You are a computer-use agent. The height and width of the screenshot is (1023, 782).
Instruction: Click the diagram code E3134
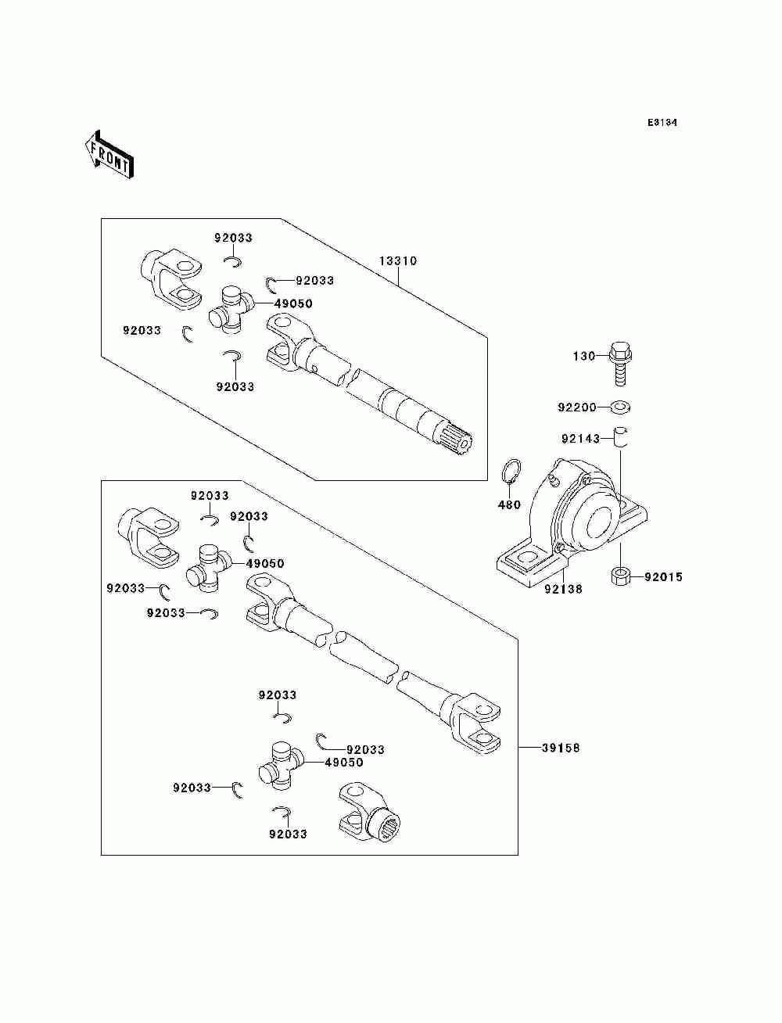(662, 123)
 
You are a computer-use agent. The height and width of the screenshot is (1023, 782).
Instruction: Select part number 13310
(398, 261)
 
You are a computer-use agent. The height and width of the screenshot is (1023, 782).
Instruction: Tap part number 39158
(561, 748)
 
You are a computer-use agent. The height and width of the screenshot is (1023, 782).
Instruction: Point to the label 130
(583, 356)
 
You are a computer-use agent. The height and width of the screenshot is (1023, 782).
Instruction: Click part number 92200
(576, 407)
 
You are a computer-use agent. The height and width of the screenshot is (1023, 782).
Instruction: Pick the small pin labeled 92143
(620, 435)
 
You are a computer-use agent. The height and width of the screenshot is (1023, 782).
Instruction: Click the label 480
(508, 505)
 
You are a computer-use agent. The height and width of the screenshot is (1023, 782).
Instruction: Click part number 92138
(563, 590)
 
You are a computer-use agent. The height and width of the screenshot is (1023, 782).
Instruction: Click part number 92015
(663, 577)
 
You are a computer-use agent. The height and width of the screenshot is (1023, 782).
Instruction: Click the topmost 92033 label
(234, 238)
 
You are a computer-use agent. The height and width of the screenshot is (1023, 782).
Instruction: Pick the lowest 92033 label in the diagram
(288, 835)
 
